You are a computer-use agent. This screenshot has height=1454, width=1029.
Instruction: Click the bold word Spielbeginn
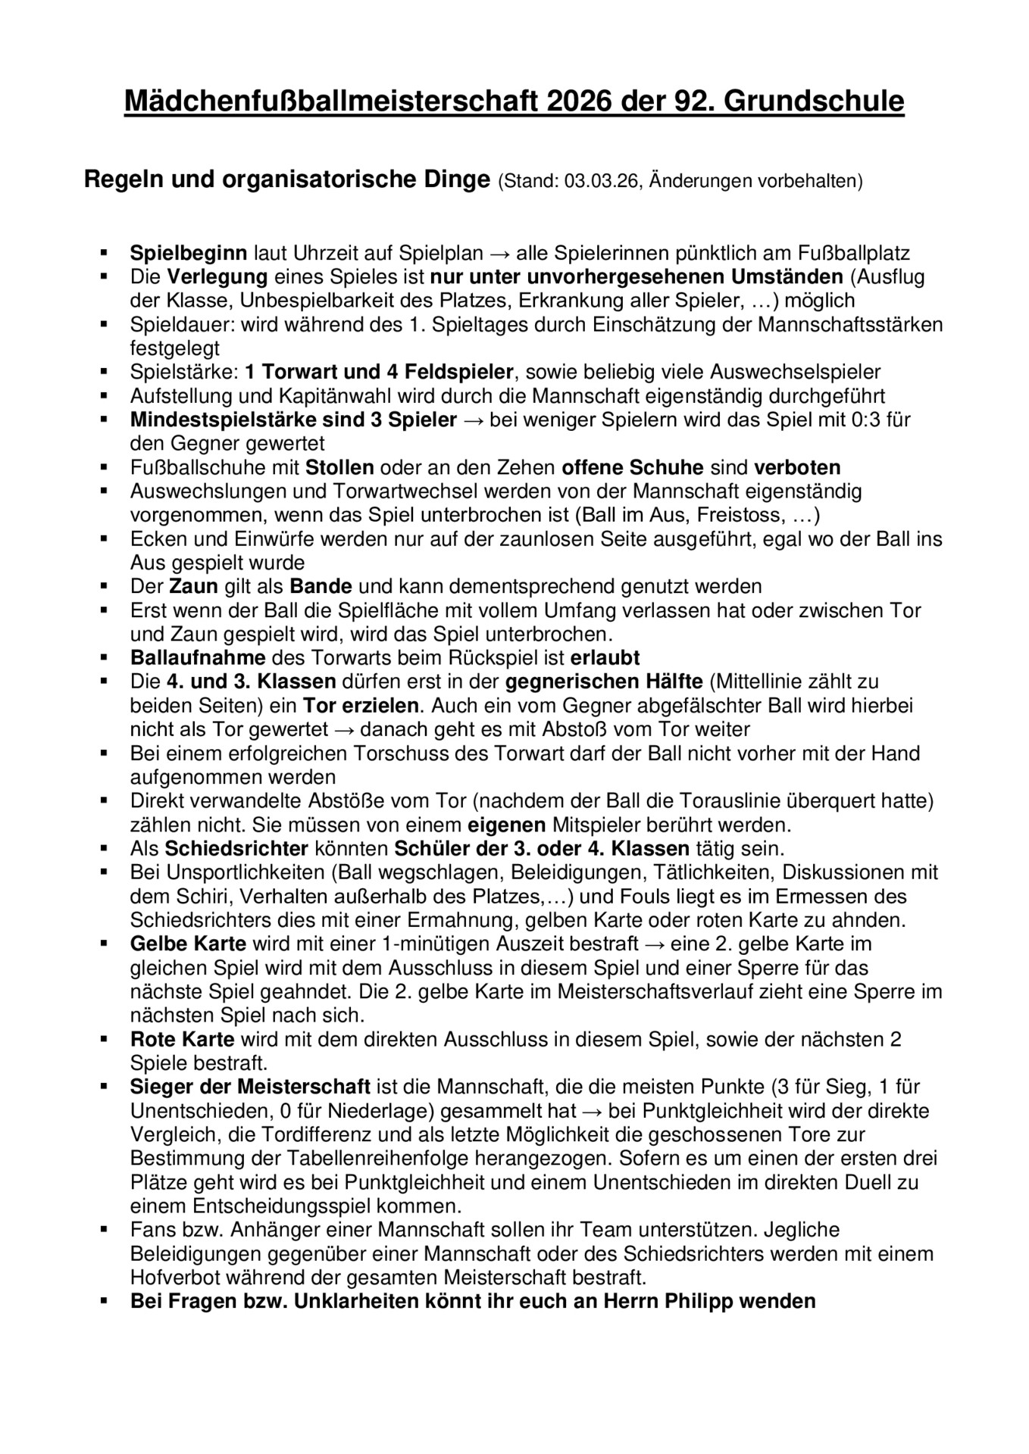click(x=189, y=253)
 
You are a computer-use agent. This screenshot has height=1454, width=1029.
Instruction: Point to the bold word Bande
click(x=321, y=586)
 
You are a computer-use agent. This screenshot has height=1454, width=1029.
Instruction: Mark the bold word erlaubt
click(x=605, y=657)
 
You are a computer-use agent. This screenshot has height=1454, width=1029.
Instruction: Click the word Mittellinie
click(x=766, y=682)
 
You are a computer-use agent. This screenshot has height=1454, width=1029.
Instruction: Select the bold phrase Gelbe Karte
click(x=188, y=944)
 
